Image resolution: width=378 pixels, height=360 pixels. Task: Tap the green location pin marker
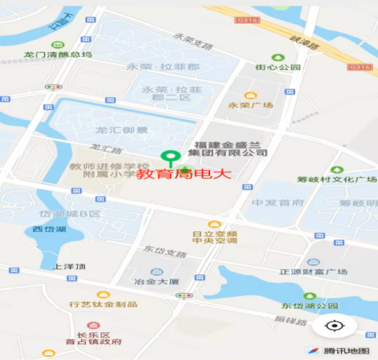pyautogui.click(x=170, y=158)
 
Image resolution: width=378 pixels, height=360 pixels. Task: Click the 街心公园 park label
pyautogui.click(x=279, y=68)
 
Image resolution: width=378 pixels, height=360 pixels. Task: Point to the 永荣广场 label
pyautogui.click(x=251, y=105)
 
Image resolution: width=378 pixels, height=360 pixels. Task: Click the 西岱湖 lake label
pyautogui.click(x=49, y=230)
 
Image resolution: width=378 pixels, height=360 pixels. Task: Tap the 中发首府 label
pyautogui.click(x=278, y=202)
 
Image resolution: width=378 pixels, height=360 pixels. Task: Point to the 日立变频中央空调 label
pyautogui.click(x=214, y=237)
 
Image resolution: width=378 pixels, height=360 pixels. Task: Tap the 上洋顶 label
pyautogui.click(x=69, y=266)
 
